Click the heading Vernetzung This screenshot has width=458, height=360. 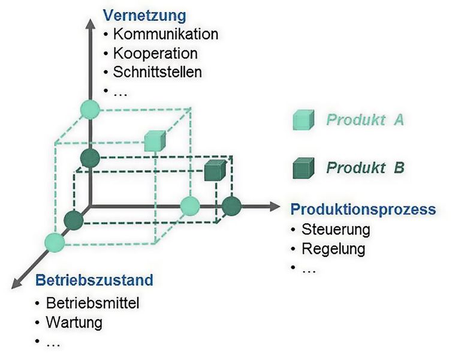145,15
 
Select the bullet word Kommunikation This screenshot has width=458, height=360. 165,34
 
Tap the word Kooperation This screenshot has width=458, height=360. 155,53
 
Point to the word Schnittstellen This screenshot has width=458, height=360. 157,72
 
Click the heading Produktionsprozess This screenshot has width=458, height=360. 363,209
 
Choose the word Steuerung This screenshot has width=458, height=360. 336,229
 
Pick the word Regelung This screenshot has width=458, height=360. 333,248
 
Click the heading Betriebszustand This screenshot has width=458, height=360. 94,280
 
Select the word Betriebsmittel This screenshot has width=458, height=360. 92,303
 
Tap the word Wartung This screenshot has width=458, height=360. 74,322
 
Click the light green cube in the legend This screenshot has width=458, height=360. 302,120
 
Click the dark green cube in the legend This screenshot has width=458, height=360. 302,169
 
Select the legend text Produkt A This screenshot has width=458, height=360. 364,119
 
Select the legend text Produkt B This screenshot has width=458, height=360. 364,167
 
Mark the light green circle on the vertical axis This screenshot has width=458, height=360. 89,110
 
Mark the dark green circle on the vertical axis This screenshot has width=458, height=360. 89,159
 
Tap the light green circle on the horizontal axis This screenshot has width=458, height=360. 190,206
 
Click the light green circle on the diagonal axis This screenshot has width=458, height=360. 54,242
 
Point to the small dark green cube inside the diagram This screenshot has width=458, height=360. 213,170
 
